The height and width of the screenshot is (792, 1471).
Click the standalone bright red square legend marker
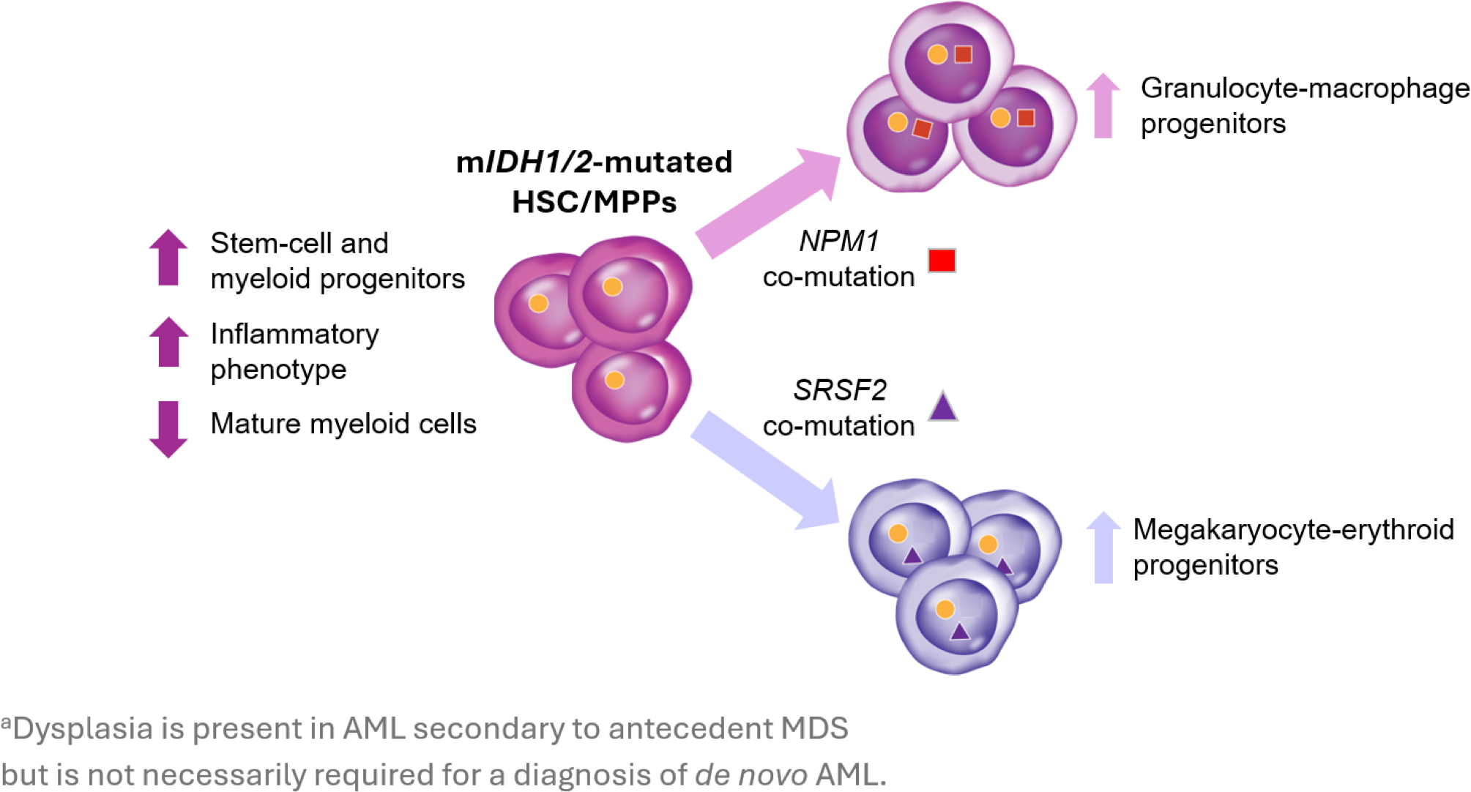click(942, 261)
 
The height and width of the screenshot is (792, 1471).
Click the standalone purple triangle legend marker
click(942, 407)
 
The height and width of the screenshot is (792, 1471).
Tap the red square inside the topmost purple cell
click(963, 54)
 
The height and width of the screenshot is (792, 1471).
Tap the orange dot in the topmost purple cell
click(937, 54)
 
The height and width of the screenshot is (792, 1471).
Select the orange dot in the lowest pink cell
click(614, 380)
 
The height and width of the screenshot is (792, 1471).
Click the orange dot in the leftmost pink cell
click(538, 303)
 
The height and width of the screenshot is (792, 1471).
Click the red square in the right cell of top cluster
click(1026, 118)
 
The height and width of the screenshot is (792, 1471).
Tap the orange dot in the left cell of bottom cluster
click(898, 534)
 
